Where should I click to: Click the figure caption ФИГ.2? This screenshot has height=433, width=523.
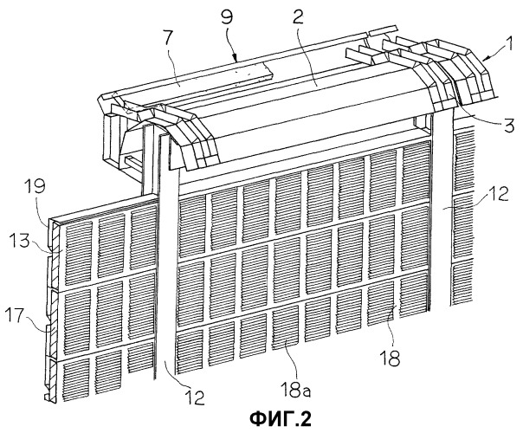281,418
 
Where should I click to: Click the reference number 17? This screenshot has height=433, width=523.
15,314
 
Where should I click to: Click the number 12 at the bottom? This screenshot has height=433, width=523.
194,397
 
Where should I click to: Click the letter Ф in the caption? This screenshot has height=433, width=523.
258,418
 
